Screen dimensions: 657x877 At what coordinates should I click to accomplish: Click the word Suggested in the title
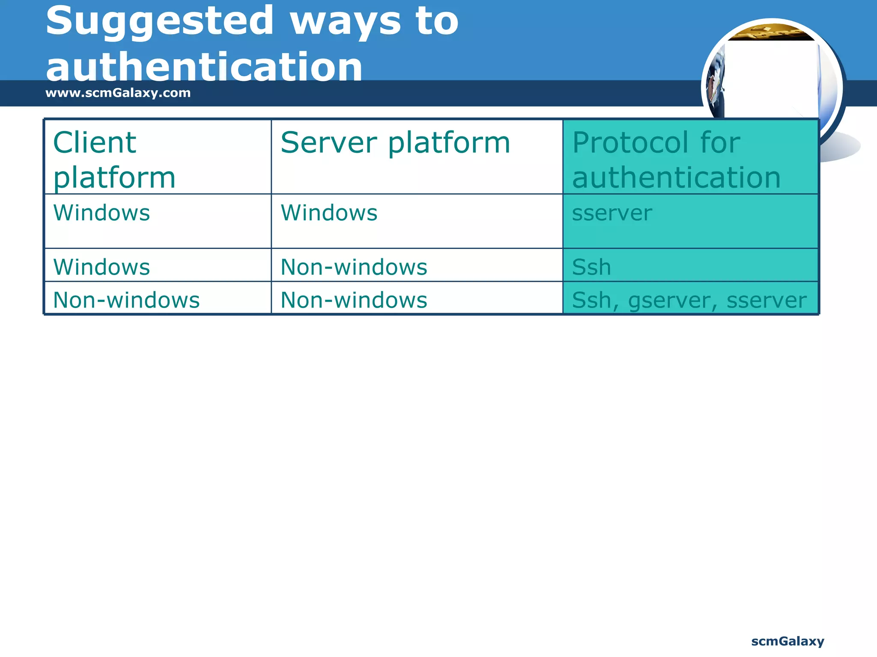coord(159,21)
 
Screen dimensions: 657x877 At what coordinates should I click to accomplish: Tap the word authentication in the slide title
coord(204,67)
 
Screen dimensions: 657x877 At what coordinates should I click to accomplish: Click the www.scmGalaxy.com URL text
coord(118,93)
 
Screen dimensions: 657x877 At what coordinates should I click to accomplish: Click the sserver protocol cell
coord(612,213)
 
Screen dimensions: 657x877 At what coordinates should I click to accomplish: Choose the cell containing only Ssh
coord(591,267)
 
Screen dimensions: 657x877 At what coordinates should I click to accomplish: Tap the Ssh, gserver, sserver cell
coord(689,300)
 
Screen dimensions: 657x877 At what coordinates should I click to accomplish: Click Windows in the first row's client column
coord(101,213)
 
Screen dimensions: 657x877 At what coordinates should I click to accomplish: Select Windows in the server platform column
coord(329,213)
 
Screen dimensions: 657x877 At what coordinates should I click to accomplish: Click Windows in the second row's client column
coord(101,267)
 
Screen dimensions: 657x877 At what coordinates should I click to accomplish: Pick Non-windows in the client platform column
coord(126,300)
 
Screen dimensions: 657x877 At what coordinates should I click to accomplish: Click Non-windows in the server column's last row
coord(354,300)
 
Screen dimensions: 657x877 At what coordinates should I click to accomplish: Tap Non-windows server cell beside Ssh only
coord(354,267)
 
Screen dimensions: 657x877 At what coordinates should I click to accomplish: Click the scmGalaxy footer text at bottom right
coord(787,641)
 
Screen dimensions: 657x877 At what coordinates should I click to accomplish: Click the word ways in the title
coord(346,21)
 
